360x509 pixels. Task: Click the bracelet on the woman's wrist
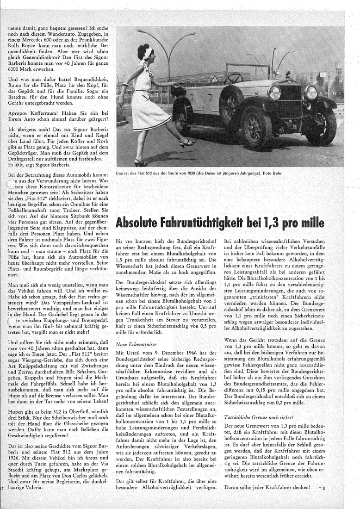pyautogui.click(x=125, y=85)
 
